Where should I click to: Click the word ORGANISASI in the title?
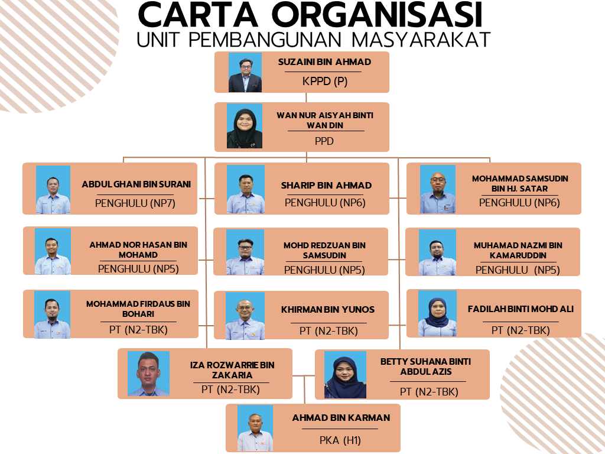(378, 15)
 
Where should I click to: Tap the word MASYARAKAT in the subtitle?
(421, 40)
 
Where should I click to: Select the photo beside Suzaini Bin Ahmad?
(245, 72)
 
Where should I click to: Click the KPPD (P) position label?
(325, 82)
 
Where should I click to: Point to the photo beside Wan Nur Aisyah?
(245, 126)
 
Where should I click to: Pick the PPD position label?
(324, 141)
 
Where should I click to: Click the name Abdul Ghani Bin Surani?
(136, 184)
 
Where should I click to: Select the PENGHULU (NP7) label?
(135, 203)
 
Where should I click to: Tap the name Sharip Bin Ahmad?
(326, 185)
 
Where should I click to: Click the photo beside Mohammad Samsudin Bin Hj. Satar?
(438, 189)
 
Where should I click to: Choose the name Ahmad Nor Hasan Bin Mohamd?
(138, 250)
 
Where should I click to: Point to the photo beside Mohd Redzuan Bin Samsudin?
(245, 252)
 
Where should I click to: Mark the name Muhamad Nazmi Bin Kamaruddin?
(518, 250)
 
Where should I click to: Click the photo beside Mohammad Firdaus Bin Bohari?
(52, 314)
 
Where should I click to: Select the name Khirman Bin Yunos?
(328, 310)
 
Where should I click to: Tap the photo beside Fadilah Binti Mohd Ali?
(438, 313)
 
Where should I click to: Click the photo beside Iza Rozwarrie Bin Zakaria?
(148, 374)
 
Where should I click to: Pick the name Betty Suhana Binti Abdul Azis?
(425, 367)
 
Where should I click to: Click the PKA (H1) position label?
(340, 440)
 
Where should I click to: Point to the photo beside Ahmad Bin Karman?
(255, 428)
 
